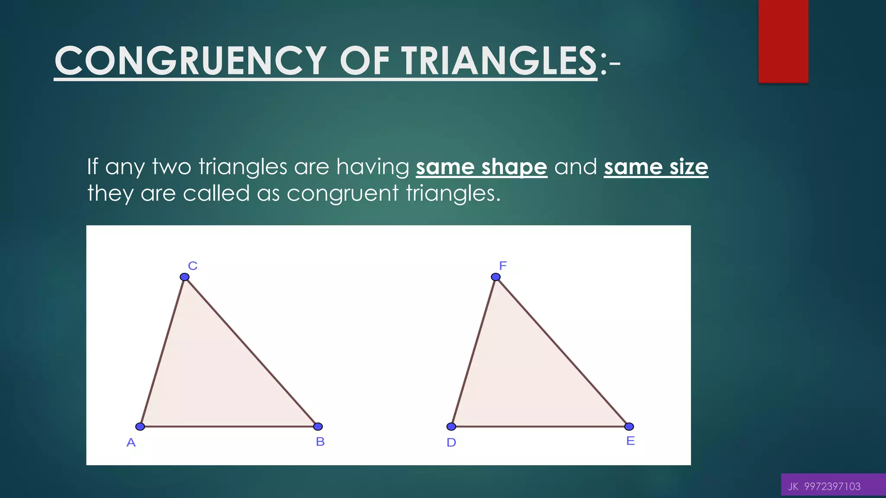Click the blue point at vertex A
(140, 427)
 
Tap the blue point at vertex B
(318, 427)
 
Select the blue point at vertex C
(185, 277)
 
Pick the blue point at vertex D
(451, 427)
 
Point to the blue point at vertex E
(629, 427)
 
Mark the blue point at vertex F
(496, 277)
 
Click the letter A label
(131, 443)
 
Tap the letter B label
(320, 442)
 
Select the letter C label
(193, 266)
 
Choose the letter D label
(451, 443)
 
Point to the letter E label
(631, 441)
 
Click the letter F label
(503, 265)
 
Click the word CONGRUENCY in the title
(190, 61)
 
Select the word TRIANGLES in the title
(499, 61)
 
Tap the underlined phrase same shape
(482, 167)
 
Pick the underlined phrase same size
(656, 167)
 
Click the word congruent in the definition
(342, 194)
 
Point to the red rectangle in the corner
(783, 41)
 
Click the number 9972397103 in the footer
(832, 487)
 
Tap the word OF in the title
(365, 61)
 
